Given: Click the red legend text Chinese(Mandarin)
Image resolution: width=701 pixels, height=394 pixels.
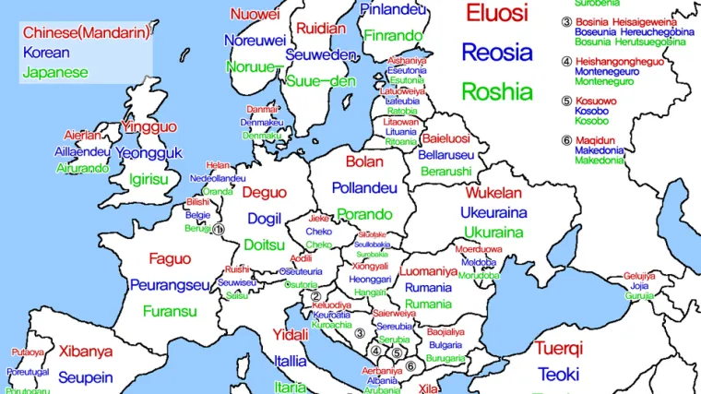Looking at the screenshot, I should [x=86, y=33].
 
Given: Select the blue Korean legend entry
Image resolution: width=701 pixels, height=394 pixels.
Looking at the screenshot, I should [x=46, y=53].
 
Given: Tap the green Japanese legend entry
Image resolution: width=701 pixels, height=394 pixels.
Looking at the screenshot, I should [x=55, y=72].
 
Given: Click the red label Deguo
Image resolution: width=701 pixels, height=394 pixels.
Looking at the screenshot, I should [x=265, y=193].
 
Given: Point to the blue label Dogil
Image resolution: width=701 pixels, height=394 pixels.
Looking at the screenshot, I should [x=265, y=219].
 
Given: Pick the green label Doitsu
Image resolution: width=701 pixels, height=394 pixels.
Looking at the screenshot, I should [x=265, y=245].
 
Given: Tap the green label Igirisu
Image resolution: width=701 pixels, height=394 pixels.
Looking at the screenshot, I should [x=149, y=179].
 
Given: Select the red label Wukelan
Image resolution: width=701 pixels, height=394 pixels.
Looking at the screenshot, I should [x=493, y=194].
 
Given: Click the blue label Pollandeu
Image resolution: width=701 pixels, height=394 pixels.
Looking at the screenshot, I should [x=364, y=188].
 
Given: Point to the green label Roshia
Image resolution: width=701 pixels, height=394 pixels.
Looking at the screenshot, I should [x=497, y=91].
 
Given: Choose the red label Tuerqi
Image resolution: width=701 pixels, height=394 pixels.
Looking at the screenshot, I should [x=559, y=349].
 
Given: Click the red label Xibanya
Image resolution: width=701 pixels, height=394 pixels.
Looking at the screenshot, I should [x=86, y=352].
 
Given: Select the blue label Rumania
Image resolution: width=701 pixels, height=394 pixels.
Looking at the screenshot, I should [x=428, y=288].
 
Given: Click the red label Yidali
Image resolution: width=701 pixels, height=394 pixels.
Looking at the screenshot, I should [x=291, y=334].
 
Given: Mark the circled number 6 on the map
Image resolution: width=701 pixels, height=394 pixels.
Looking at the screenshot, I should [x=411, y=364].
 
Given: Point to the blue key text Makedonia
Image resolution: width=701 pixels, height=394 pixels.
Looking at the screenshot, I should [x=599, y=149].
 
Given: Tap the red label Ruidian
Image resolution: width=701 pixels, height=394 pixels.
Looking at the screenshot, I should [x=321, y=29].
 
